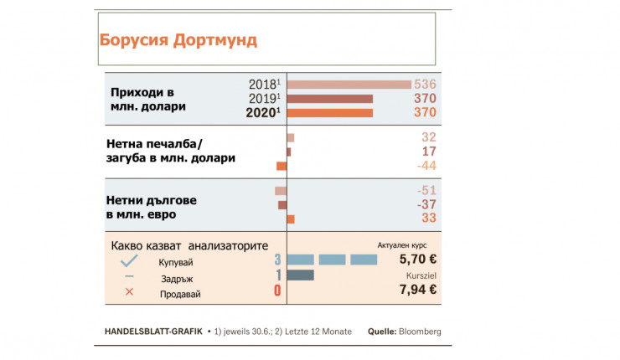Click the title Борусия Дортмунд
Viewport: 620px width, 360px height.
178,39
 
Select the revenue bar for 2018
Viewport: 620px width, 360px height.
349,84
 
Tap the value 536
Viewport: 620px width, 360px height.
426,85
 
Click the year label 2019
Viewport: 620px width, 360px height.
263,99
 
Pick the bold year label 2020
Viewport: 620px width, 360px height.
261,113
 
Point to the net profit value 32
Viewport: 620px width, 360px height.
429,137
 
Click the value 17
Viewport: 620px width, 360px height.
429,152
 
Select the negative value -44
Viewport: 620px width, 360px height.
426,166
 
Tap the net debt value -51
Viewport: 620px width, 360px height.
426,191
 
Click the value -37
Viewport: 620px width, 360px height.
426,205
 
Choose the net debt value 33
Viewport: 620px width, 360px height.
429,219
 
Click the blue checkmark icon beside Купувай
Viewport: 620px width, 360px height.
129,261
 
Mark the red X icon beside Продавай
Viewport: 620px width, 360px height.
129,292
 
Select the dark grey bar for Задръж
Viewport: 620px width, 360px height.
300,275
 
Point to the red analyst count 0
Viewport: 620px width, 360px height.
277,291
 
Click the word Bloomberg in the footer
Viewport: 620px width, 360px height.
421,331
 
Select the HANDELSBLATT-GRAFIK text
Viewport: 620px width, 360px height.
152,331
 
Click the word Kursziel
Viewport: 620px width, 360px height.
422,275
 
